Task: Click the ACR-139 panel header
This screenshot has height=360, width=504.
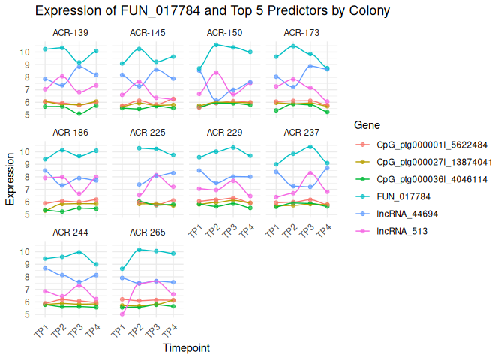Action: click(x=70, y=33)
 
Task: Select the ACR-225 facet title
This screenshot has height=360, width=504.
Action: click(x=147, y=133)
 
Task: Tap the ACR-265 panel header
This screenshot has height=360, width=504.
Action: click(x=147, y=232)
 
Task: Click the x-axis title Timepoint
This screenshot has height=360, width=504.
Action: click(x=186, y=348)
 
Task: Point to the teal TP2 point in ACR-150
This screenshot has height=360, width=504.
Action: click(x=216, y=45)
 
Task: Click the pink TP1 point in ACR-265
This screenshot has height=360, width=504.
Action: click(x=122, y=314)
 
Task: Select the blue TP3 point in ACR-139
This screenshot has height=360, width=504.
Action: click(x=79, y=67)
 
